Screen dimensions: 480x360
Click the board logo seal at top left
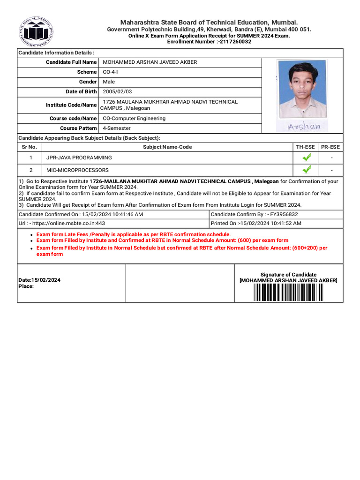click(36, 32)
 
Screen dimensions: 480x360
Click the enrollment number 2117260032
click(232, 42)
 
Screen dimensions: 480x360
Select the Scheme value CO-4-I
click(110, 72)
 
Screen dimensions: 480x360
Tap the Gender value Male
click(109, 82)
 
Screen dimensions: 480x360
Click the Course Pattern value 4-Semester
click(117, 128)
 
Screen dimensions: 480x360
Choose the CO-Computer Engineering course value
click(134, 119)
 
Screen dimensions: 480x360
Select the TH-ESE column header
click(305, 147)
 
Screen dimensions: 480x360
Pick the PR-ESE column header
click(330, 147)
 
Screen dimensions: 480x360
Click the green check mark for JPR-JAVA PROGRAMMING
click(307, 158)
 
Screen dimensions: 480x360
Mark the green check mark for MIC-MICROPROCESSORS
click(307, 170)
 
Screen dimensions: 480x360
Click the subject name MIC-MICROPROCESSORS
click(77, 170)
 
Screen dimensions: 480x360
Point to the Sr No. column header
click(30, 147)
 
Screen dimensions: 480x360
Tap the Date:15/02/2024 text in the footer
click(39, 280)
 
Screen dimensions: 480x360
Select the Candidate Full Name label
click(71, 62)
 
